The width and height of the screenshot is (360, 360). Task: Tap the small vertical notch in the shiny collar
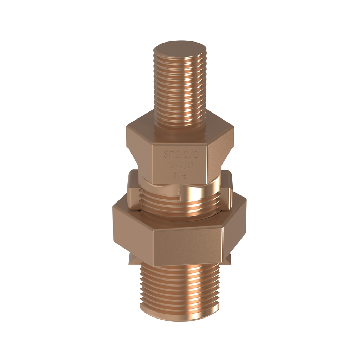(x=180, y=193)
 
